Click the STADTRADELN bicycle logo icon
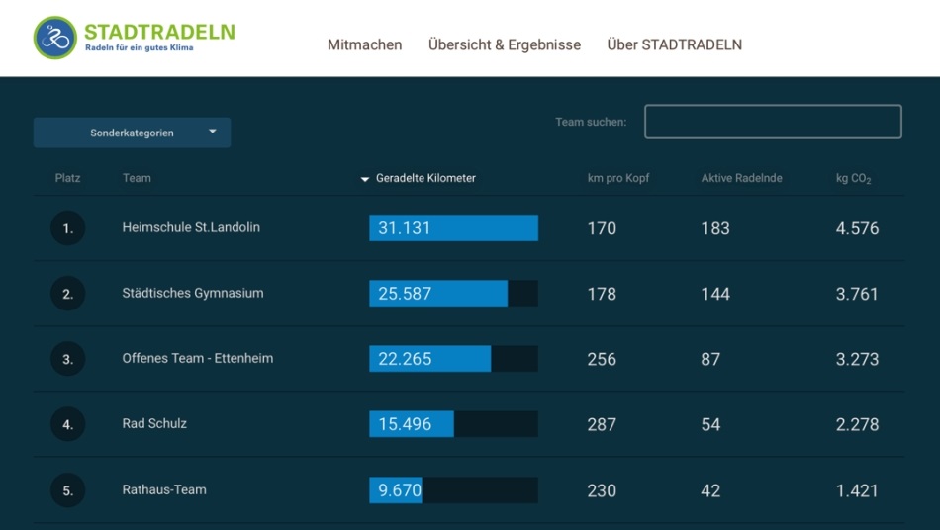[54, 38]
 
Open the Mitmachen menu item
[364, 44]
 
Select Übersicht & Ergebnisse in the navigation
[505, 44]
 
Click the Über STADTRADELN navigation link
[674, 44]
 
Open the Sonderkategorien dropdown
[132, 132]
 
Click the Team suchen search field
[773, 122]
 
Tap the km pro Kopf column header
[618, 178]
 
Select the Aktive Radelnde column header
[741, 178]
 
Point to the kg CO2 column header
[853, 179]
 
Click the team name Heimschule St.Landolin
[191, 227]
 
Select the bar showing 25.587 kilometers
[438, 294]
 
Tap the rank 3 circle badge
[68, 359]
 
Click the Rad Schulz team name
[154, 423]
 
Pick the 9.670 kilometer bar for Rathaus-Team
[396, 490]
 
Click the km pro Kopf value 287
[602, 424]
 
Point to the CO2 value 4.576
[857, 228]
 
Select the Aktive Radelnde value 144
[715, 294]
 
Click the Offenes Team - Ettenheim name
[198, 358]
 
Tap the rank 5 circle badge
[68, 490]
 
